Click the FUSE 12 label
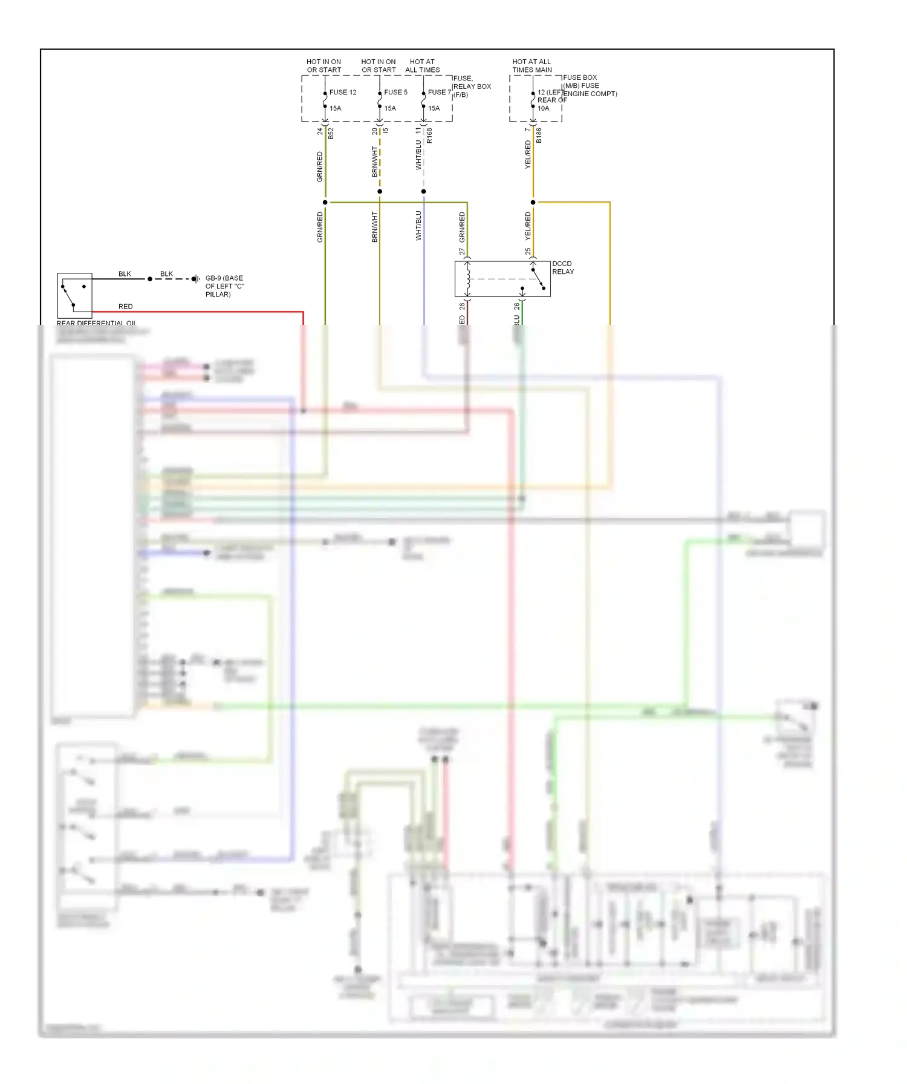click(x=343, y=93)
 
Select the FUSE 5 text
click(x=396, y=93)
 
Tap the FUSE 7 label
click(x=440, y=93)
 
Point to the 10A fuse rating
click(x=544, y=109)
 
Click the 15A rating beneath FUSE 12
click(x=336, y=109)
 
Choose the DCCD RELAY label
click(x=563, y=268)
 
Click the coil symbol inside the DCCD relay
click(x=468, y=278)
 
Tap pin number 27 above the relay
click(x=462, y=252)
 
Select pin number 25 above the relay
click(x=528, y=252)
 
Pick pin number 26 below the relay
click(x=517, y=306)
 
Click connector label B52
click(x=331, y=134)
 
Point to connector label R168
click(x=429, y=135)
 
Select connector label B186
click(x=539, y=135)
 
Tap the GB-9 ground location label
click(x=225, y=286)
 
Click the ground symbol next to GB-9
click(x=196, y=279)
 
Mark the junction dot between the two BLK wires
click(x=150, y=279)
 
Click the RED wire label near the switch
click(x=126, y=307)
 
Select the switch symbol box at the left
click(x=74, y=295)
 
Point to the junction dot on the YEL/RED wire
click(x=533, y=202)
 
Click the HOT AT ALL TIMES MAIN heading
click(x=532, y=66)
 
